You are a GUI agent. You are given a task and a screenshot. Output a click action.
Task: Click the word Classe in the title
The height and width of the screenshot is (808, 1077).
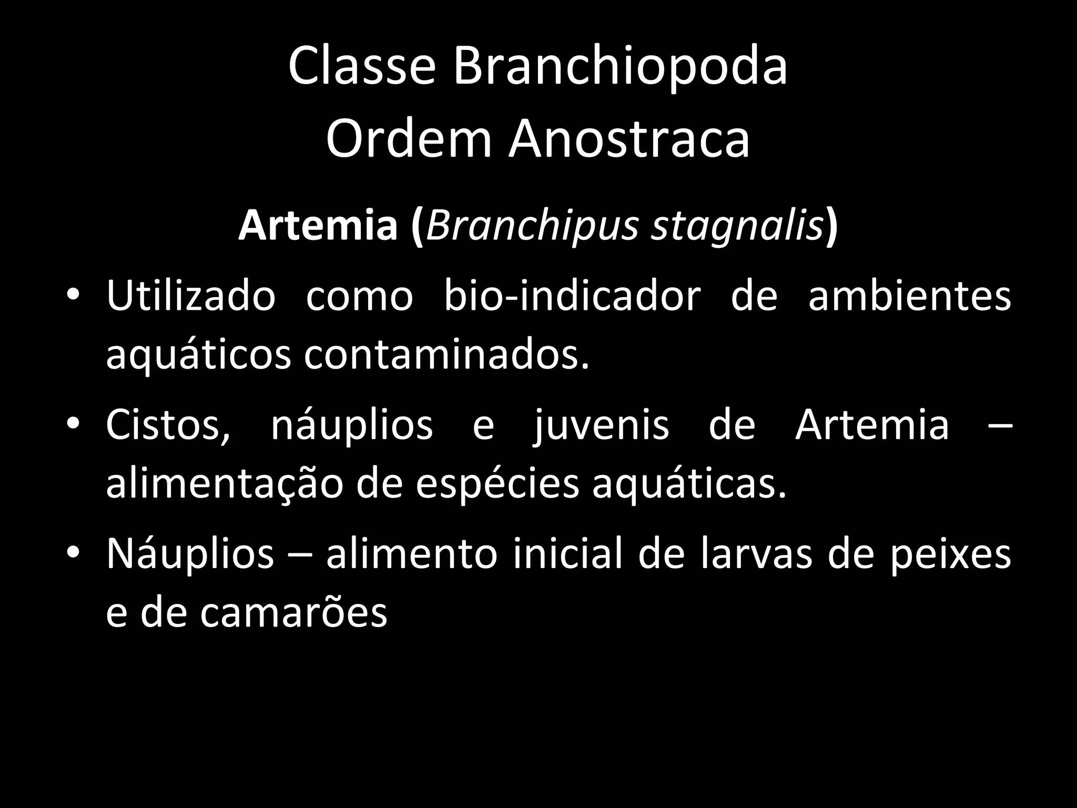(362, 67)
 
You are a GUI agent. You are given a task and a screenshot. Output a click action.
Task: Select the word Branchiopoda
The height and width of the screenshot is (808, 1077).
(621, 67)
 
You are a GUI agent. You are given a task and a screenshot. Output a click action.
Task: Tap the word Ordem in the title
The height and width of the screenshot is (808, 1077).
(409, 139)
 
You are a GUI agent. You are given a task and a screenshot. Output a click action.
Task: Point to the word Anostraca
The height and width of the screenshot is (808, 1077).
(629, 139)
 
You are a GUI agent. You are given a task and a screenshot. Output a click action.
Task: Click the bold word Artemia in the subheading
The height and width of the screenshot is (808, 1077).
(318, 225)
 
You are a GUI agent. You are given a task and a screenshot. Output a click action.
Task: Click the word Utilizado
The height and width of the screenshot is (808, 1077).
(191, 295)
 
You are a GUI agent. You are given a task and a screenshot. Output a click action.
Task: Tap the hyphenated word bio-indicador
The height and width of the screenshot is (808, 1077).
(572, 295)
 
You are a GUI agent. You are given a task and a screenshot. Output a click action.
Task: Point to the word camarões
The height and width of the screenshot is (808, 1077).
(293, 613)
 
